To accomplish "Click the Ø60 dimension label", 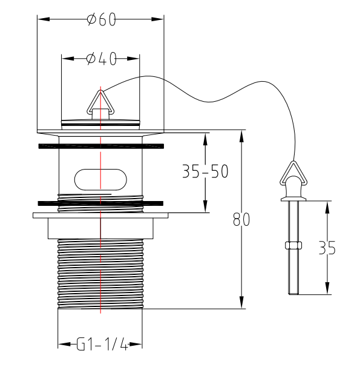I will tap(101, 20).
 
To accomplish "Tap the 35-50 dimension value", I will tap(205, 172).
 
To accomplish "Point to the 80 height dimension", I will tap(241, 219).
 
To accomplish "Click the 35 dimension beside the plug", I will tap(327, 248).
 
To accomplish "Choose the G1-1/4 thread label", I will tap(101, 345).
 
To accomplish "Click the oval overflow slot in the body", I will tap(101, 179).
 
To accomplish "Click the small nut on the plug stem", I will tap(293, 245).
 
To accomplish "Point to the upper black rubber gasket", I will tap(100, 146).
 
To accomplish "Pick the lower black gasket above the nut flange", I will tap(100, 203).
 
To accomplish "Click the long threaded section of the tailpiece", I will tap(100, 272).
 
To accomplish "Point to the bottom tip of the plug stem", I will tap(293, 292).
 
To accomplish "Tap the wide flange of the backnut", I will tap(100, 214).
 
